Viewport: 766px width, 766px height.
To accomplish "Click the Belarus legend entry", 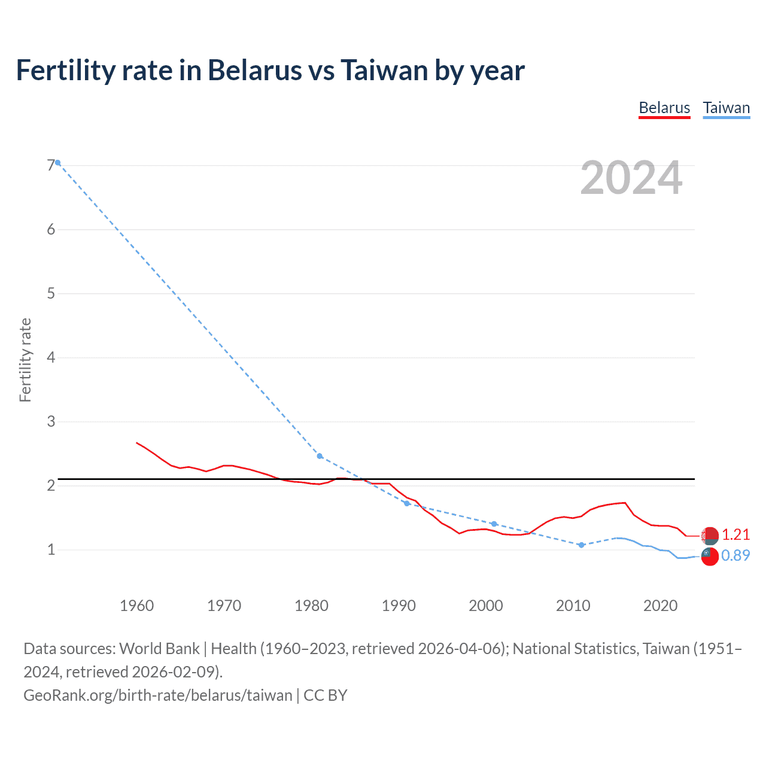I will pos(664,108).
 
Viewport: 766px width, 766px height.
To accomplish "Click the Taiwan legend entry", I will pos(726,108).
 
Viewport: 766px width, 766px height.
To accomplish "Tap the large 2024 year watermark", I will pos(631,178).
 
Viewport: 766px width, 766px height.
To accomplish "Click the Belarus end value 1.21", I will pos(735,534).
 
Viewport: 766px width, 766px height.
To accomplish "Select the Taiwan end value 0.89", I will pos(735,555).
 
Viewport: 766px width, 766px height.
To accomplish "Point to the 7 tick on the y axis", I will pos(50,165).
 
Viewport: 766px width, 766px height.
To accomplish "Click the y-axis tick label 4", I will pos(51,357).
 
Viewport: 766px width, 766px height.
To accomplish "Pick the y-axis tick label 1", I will pos(51,549).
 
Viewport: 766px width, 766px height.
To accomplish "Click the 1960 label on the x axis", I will pos(136,606).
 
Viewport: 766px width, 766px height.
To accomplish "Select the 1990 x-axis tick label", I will pos(399,606).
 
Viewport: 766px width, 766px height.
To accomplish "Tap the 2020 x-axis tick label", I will pos(660,606).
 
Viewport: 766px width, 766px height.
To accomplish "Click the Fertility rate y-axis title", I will pos(25,360).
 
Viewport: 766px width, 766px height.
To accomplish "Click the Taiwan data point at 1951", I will pos(58,163).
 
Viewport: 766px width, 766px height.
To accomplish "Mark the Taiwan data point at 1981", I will pos(320,456).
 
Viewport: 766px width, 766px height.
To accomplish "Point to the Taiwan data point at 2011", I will pos(581,545).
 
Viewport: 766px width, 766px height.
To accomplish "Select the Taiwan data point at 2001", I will pos(494,524).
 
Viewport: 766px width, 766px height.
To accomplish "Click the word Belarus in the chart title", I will pos(255,71).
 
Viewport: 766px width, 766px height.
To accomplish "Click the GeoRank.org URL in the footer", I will pos(158,695).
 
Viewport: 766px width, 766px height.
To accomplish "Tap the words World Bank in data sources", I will pos(159,649).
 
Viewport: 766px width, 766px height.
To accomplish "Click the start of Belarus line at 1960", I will pos(137,443).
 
